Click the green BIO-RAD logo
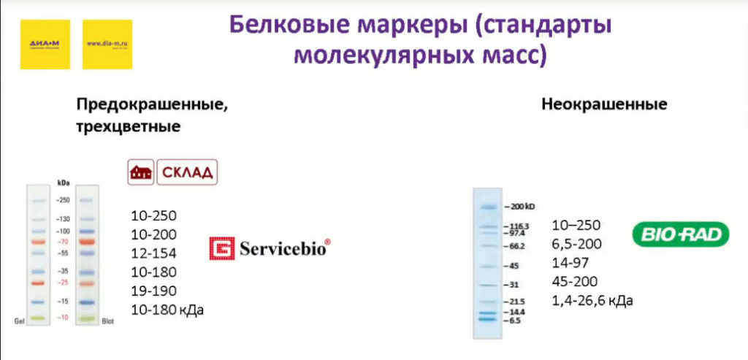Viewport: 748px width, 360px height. coord(680,234)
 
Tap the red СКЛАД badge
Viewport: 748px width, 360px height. coord(188,172)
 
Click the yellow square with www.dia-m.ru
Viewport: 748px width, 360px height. coord(107,44)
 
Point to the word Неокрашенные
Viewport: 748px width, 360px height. coord(604,104)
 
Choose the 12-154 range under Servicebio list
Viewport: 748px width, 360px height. coord(154,253)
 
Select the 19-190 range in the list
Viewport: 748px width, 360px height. coord(154,291)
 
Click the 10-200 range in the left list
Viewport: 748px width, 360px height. coord(154,234)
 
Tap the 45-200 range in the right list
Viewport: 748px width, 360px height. coord(575,282)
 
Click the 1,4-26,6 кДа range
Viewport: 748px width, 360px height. coord(592,301)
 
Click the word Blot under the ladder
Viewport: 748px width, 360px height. coord(107,321)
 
